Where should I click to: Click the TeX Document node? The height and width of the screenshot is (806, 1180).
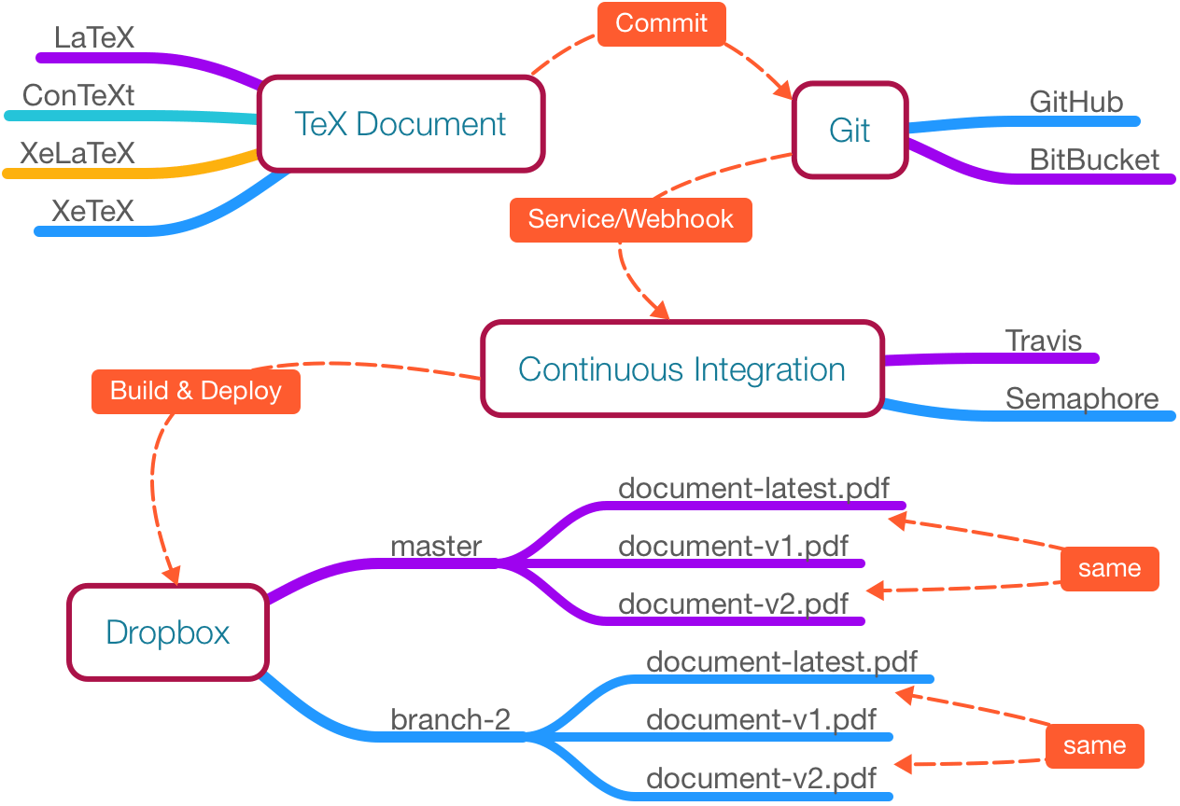pyautogui.click(x=400, y=124)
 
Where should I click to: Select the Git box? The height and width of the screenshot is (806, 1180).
pyautogui.click(x=849, y=131)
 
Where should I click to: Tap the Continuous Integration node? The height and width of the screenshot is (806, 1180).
pyautogui.click(x=681, y=369)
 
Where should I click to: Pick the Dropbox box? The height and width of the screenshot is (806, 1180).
pyautogui.click(x=168, y=632)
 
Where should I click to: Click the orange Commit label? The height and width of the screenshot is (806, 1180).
pyautogui.click(x=661, y=23)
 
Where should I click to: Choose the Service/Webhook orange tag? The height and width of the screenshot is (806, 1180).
pyautogui.click(x=630, y=219)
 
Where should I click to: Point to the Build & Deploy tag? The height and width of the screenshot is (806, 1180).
pyautogui.click(x=195, y=390)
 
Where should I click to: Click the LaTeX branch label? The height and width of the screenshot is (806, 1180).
pyautogui.click(x=94, y=38)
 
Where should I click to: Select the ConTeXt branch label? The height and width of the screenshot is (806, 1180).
pyautogui.click(x=78, y=94)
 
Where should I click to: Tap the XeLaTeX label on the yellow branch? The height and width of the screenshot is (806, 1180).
pyautogui.click(x=77, y=152)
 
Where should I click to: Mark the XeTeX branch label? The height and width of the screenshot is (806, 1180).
pyautogui.click(x=93, y=210)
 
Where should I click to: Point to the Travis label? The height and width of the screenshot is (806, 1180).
pyautogui.click(x=1044, y=340)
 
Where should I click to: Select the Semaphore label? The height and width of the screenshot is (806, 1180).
pyautogui.click(x=1082, y=397)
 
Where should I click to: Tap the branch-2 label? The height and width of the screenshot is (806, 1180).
pyautogui.click(x=450, y=719)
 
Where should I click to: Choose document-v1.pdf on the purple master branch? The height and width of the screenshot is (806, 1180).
pyautogui.click(x=734, y=546)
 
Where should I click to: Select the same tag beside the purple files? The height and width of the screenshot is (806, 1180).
pyautogui.click(x=1109, y=568)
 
